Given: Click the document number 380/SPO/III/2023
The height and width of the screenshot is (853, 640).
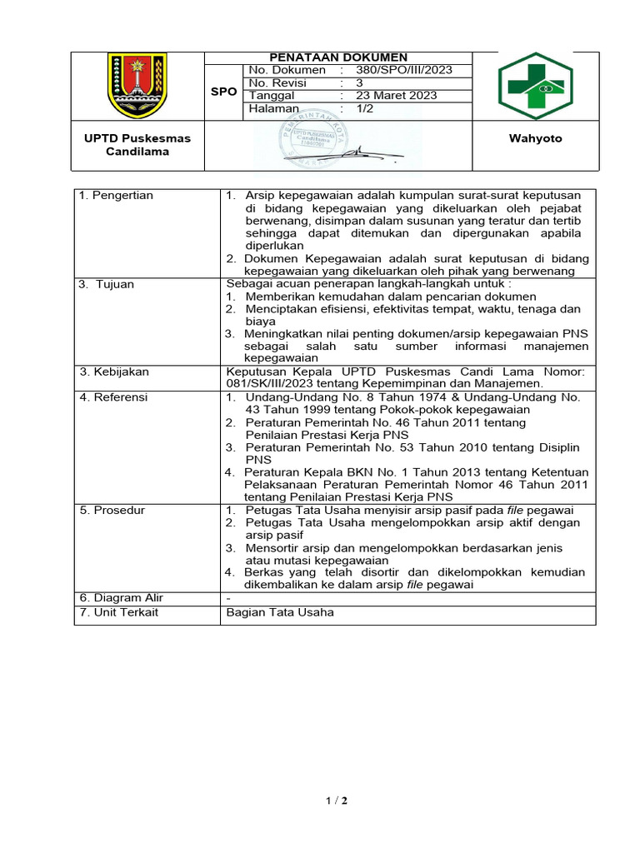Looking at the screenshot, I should coord(403,70).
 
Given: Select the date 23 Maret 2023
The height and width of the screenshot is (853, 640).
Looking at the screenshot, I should coord(396,96).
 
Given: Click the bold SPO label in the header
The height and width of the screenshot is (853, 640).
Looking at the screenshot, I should coord(223,92).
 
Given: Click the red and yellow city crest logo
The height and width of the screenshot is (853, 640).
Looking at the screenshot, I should coord(137,85).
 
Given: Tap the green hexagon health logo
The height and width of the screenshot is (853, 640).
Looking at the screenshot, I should coord(535,87).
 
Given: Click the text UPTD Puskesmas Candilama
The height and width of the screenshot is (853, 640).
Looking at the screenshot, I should coord(137,145).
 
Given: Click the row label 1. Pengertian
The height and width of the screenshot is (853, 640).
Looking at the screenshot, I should coord(117,195).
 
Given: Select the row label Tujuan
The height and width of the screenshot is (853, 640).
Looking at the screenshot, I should coord(119,284).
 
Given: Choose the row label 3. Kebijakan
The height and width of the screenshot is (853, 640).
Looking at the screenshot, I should coord(114,372).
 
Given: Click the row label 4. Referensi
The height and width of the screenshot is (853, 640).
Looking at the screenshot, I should coord(114,397).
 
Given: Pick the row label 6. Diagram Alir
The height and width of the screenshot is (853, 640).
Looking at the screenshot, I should coord(122,598).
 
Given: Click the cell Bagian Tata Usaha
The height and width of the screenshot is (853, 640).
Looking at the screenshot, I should coord(280,612).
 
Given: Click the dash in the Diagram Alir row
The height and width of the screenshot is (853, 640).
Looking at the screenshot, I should coord(228,598).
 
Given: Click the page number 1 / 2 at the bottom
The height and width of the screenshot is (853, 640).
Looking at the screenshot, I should coord(337,801).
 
